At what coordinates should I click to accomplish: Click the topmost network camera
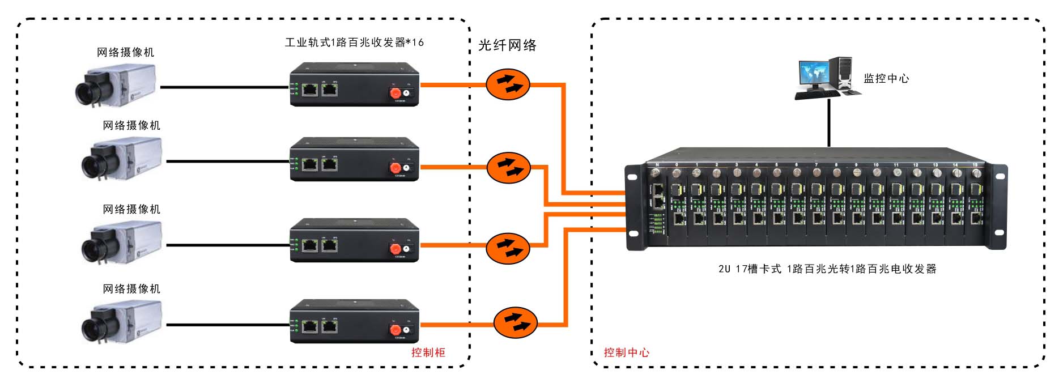[116, 86]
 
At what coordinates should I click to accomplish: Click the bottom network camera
[121, 322]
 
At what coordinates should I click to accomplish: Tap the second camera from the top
[121, 159]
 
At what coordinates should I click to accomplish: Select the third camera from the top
[121, 243]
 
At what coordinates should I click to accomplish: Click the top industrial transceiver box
[354, 85]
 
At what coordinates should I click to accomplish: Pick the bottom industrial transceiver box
[354, 321]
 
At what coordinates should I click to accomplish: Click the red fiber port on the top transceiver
[395, 92]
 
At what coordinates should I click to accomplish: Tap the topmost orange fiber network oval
[508, 85]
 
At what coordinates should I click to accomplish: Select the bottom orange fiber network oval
[515, 322]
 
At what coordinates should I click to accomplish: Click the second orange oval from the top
[509, 167]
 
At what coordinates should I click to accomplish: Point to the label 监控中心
[886, 79]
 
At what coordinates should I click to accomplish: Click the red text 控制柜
[428, 352]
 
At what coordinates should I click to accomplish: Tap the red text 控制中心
[626, 352]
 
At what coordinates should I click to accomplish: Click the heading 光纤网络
[507, 45]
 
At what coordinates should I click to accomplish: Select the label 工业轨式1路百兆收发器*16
[354, 42]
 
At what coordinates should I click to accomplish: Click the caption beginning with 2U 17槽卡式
[827, 269]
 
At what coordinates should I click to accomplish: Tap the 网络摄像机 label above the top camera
[125, 53]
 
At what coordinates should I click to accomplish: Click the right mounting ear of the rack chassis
[999, 207]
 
